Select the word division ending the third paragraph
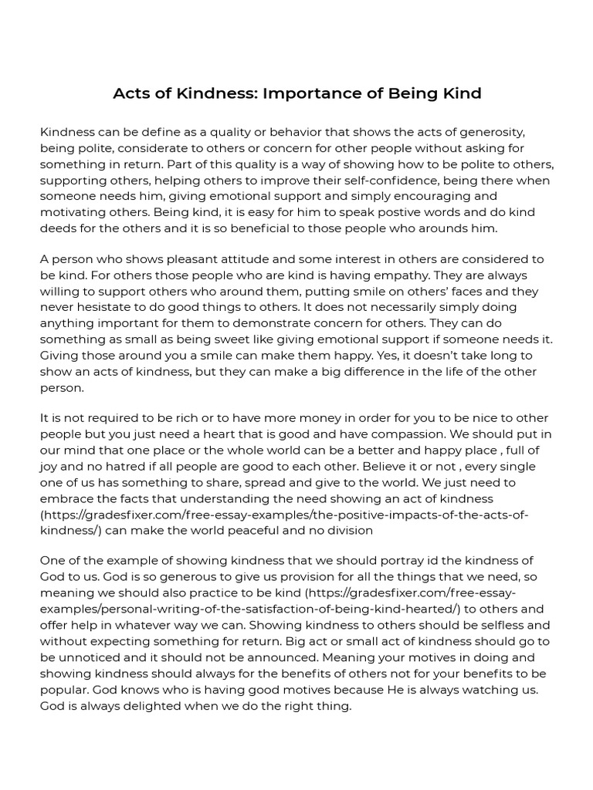pyautogui.click(x=349, y=531)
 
